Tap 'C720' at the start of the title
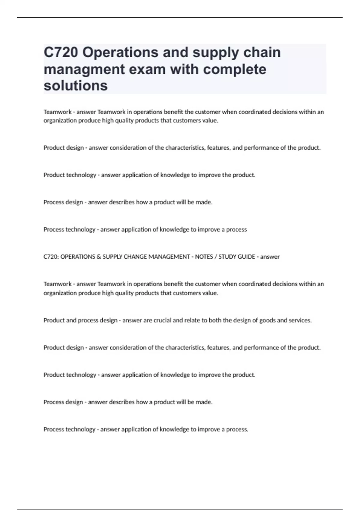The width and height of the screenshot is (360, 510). point(61,52)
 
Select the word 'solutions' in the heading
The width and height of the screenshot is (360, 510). point(76,86)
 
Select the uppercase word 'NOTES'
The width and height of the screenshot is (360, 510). point(204,257)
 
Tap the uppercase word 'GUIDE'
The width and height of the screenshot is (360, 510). point(247,257)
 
